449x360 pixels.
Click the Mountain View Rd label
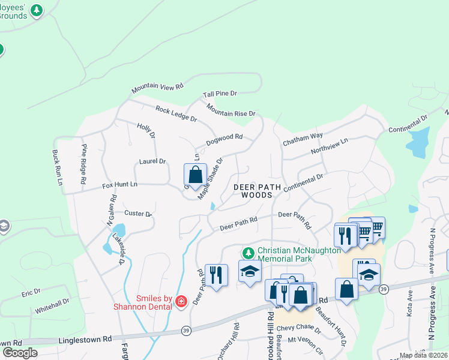[157, 87]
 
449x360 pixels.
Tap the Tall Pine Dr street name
[220, 94]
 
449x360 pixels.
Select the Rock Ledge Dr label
[176, 114]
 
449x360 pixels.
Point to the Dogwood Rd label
[224, 139]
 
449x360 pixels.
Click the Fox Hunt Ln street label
[119, 185]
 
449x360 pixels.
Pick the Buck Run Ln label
[58, 167]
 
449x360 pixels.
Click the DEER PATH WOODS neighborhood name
[257, 191]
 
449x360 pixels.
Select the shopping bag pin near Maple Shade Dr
[195, 175]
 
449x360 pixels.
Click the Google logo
[20, 353]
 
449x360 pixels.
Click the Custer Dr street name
[139, 214]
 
